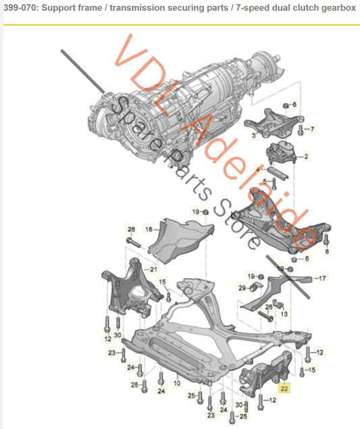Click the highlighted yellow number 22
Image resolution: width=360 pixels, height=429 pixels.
pos(284,388)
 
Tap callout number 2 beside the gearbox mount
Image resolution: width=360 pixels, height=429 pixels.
pos(306,157)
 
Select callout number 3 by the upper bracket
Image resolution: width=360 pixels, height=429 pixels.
pos(253,135)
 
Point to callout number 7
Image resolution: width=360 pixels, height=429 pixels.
pos(313,128)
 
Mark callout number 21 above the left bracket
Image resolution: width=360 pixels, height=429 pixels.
pos(154,270)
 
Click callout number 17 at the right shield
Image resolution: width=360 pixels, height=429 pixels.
pos(322,278)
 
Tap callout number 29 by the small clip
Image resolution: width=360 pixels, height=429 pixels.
pos(242,289)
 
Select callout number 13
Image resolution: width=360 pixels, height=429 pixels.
pos(284,314)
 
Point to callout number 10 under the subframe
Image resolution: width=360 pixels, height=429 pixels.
pos(176,382)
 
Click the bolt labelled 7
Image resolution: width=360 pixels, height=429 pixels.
pos(301,128)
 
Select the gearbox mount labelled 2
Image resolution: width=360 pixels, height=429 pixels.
pos(282,155)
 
